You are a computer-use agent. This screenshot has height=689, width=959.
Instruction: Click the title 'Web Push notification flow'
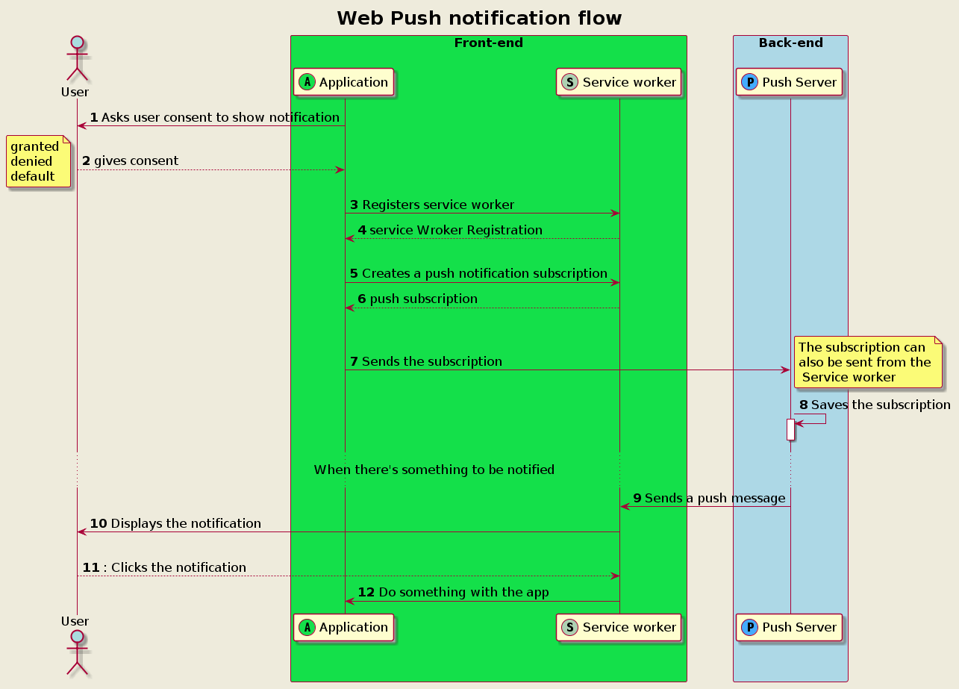pos(479,18)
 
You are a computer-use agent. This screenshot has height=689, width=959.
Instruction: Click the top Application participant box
pos(344,82)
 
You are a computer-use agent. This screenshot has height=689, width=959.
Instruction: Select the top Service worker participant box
pos(619,82)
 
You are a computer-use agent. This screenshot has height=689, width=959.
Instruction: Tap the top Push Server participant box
pos(790,82)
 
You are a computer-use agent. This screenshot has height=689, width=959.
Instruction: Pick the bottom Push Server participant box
pos(790,627)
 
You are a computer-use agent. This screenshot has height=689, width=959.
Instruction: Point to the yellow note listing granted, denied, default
pos(39,161)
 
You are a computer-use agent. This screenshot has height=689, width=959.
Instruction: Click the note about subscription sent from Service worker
pos(868,362)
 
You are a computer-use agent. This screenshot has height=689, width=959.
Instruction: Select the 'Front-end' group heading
pos(488,43)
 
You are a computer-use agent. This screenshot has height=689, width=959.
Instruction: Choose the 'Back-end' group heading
pos(790,43)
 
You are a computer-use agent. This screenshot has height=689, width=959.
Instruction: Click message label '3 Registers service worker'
pos(432,205)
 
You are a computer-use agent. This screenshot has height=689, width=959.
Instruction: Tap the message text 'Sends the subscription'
pos(431,361)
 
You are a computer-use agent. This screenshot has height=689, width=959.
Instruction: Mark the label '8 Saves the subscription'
pos(875,405)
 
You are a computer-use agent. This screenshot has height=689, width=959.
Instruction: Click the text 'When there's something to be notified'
pos(434,470)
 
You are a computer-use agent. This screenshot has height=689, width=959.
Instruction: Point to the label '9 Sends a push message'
pos(709,498)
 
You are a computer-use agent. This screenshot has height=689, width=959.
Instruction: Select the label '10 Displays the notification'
pos(175,523)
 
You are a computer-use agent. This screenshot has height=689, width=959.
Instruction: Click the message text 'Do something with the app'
pos(463,592)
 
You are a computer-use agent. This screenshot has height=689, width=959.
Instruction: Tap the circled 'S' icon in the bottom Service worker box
pos(569,627)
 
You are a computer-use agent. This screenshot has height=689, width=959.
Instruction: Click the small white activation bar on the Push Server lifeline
pos(790,429)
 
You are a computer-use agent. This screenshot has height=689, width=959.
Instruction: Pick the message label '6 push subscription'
pos(418,299)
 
